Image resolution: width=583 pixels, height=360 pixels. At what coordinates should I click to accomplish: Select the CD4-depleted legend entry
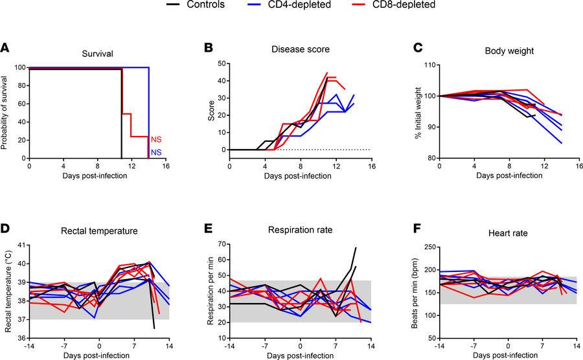tap(303, 6)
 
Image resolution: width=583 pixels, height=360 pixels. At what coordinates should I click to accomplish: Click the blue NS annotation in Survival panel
tap(156, 153)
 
